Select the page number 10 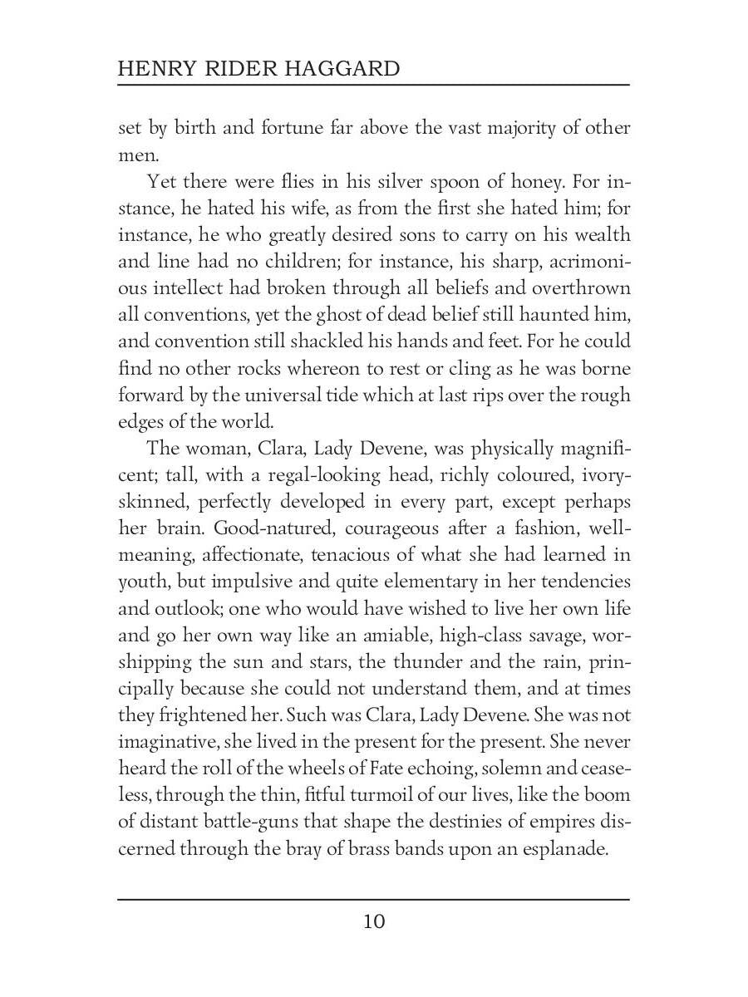coord(374,921)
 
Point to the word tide coord(358,395)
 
